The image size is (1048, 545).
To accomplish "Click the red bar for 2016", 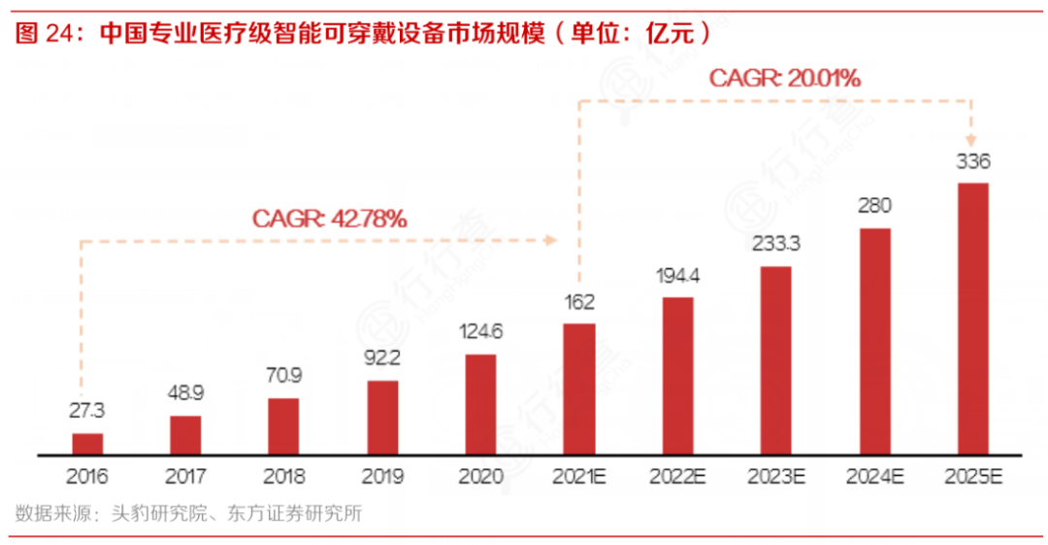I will coord(87,444).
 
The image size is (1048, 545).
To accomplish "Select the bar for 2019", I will coord(382,418).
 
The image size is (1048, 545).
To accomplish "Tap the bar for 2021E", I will coord(579,389).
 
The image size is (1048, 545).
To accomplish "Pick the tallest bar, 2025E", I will coord(973,318).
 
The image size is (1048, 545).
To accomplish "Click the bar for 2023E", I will coord(776,359).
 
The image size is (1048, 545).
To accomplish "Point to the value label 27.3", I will coord(87,410).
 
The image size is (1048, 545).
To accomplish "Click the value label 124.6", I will coord(480,331).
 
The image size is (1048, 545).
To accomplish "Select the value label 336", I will coord(973,160).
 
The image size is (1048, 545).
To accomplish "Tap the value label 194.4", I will coord(678,275).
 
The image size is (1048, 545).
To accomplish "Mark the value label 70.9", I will coord(283,375).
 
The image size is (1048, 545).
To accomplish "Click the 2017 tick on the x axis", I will coord(185,477).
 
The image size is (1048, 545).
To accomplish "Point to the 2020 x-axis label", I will coord(480,477).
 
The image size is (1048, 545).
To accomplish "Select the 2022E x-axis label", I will coord(678,477).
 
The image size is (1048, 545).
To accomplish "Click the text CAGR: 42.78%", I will coord(330,219).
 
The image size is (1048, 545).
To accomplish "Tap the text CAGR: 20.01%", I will coord(784,78).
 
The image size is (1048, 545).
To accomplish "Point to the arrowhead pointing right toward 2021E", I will coord(553,240).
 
